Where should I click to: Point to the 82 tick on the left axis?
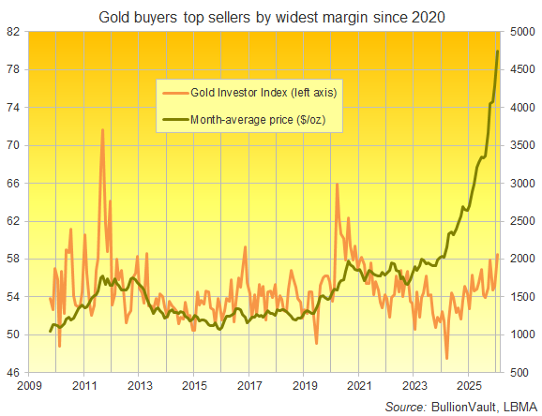[x=14, y=31]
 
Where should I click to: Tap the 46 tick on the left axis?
[x=14, y=373]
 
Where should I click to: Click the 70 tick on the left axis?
[x=14, y=145]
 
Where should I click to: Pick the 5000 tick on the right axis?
[x=522, y=31]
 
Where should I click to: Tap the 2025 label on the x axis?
[x=470, y=385]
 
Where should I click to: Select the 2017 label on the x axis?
[x=249, y=385]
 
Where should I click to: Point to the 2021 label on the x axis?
[x=360, y=385]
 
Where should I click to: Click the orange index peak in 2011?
[x=102, y=129]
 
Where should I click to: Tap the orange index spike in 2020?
[x=337, y=185]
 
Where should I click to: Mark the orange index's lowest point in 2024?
[x=447, y=358]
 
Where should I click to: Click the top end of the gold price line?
[x=497, y=51]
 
